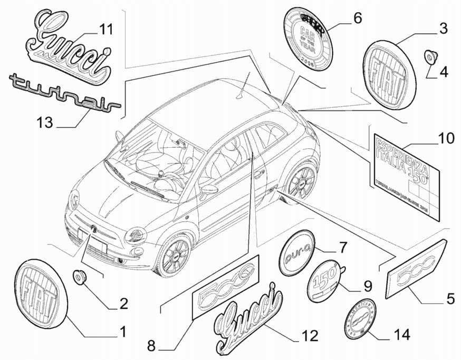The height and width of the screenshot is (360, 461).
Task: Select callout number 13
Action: pyautogui.click(x=45, y=122)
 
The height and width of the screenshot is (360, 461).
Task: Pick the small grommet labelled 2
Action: pyautogui.click(x=80, y=276)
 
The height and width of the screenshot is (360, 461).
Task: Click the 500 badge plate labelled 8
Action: pyautogui.click(x=226, y=288)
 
